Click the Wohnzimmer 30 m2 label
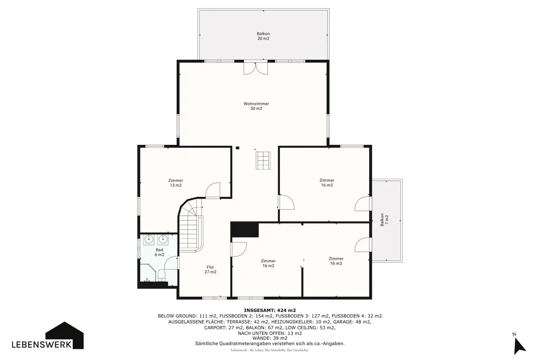tap(256, 106)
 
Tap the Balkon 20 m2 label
tap(263, 36)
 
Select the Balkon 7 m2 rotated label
tap(384, 220)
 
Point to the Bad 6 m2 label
tap(159, 252)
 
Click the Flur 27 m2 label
tap(210, 270)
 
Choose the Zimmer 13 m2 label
tap(176, 183)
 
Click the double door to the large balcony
tap(256, 68)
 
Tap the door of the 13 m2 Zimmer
tap(212, 190)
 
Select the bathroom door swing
tap(171, 263)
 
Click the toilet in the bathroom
tap(161, 275)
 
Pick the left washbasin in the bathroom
tap(148, 239)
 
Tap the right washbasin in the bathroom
tap(163, 239)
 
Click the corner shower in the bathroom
tap(148, 273)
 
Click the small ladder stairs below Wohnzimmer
tap(263, 160)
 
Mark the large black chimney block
tap(244, 229)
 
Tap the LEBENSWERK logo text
tap(42, 345)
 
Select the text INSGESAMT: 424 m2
tap(270, 310)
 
